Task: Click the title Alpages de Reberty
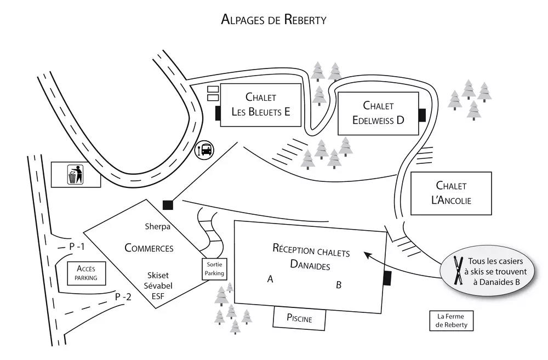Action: click(273, 20)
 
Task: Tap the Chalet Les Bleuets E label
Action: click(260, 105)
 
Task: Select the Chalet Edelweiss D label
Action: click(378, 112)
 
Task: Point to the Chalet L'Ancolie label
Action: click(451, 193)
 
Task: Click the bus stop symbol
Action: click(205, 149)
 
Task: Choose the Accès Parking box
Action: click(86, 273)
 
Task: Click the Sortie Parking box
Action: click(214, 268)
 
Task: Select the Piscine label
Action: click(299, 318)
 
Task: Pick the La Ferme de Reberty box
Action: click(451, 321)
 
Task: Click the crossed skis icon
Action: click(458, 270)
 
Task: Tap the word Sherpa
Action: click(158, 226)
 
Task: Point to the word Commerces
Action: click(149, 248)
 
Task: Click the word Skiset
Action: click(157, 275)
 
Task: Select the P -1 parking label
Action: click(77, 247)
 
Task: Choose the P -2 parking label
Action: click(123, 297)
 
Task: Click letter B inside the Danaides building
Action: click(339, 285)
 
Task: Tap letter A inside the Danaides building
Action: click(270, 279)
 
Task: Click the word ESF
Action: click(157, 296)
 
